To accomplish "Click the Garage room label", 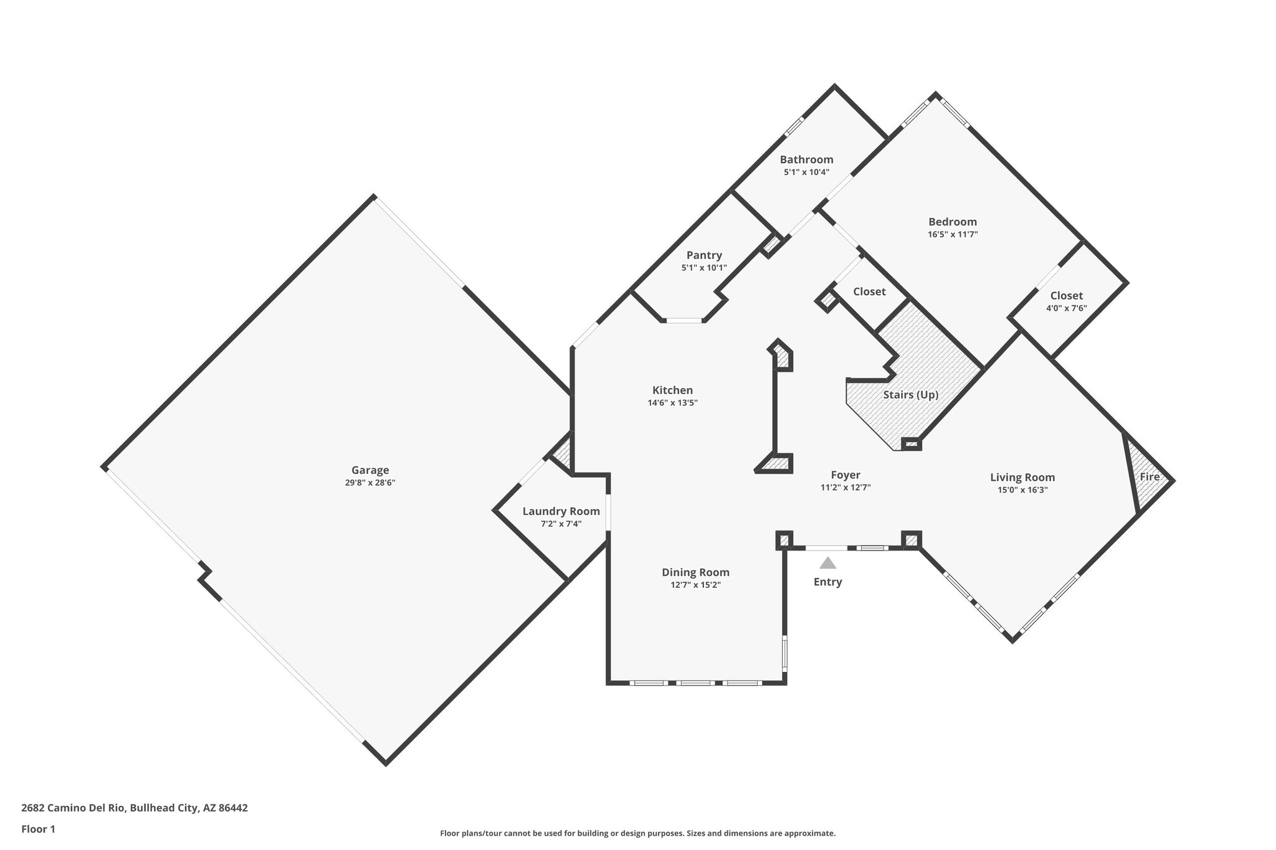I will pyautogui.click(x=370, y=470).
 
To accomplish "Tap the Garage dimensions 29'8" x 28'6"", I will pyautogui.click(x=370, y=483).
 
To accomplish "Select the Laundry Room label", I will pyautogui.click(x=561, y=511).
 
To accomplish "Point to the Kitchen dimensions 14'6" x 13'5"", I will pyautogui.click(x=672, y=403).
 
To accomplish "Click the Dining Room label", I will pyautogui.click(x=695, y=572).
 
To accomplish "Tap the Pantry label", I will pyautogui.click(x=704, y=255).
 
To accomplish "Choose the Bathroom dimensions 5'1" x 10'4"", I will pyautogui.click(x=806, y=172).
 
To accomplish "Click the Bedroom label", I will pyautogui.click(x=952, y=222).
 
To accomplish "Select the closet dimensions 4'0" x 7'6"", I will pyautogui.click(x=1066, y=308).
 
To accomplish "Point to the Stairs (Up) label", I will pyautogui.click(x=910, y=395).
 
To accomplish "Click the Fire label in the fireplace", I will pyautogui.click(x=1150, y=477).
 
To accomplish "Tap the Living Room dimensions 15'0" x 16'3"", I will pyautogui.click(x=1022, y=490).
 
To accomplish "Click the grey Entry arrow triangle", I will pyautogui.click(x=827, y=564).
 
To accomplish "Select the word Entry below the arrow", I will pyautogui.click(x=827, y=582).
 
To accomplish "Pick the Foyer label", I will pyautogui.click(x=845, y=475).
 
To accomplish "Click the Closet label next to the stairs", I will pyautogui.click(x=869, y=291).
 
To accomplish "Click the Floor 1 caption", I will pyautogui.click(x=38, y=829).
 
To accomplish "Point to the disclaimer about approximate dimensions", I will pyautogui.click(x=637, y=833).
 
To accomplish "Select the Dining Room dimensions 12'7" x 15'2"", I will pyautogui.click(x=695, y=585).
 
